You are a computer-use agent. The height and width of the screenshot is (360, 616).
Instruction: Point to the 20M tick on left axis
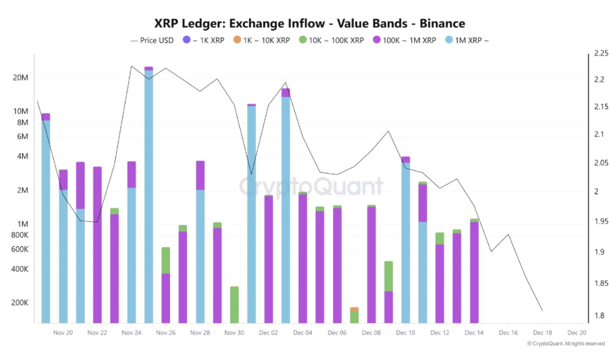(x=20, y=77)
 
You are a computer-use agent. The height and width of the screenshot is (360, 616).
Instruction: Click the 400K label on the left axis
(x=20, y=269)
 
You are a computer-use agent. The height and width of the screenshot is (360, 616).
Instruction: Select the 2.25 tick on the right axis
(x=601, y=54)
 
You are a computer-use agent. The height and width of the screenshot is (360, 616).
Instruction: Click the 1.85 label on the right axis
(x=601, y=283)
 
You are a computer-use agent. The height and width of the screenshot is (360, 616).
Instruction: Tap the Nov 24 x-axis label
(x=131, y=333)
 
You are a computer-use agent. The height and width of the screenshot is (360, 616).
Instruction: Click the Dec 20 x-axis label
(x=576, y=333)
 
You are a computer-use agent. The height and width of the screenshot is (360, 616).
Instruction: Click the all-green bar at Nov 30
(x=234, y=305)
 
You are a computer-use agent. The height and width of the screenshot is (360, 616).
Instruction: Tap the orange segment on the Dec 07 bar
(x=354, y=309)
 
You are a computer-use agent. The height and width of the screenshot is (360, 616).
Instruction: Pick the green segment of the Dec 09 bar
(x=388, y=276)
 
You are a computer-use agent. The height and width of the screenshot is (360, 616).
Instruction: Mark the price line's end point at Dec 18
(x=542, y=311)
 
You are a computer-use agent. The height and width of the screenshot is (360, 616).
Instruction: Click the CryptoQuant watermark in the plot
(x=311, y=187)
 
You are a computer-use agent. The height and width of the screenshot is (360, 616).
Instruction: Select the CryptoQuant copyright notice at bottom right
(x=565, y=344)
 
